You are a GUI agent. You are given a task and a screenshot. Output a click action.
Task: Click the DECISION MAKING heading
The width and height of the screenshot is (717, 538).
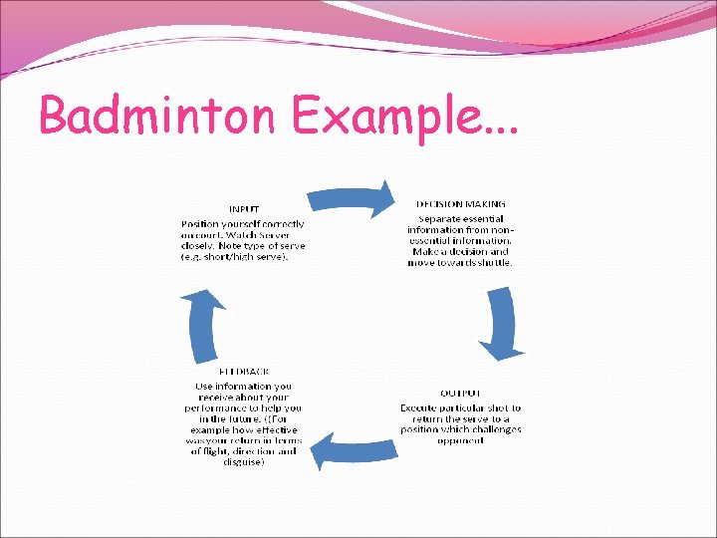(460, 203)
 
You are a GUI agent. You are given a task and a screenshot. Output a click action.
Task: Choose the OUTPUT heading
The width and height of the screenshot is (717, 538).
(460, 393)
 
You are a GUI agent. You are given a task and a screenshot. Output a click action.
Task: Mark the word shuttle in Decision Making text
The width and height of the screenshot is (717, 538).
(494, 263)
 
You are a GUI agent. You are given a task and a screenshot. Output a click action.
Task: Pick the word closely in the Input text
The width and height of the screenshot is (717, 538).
(199, 246)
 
